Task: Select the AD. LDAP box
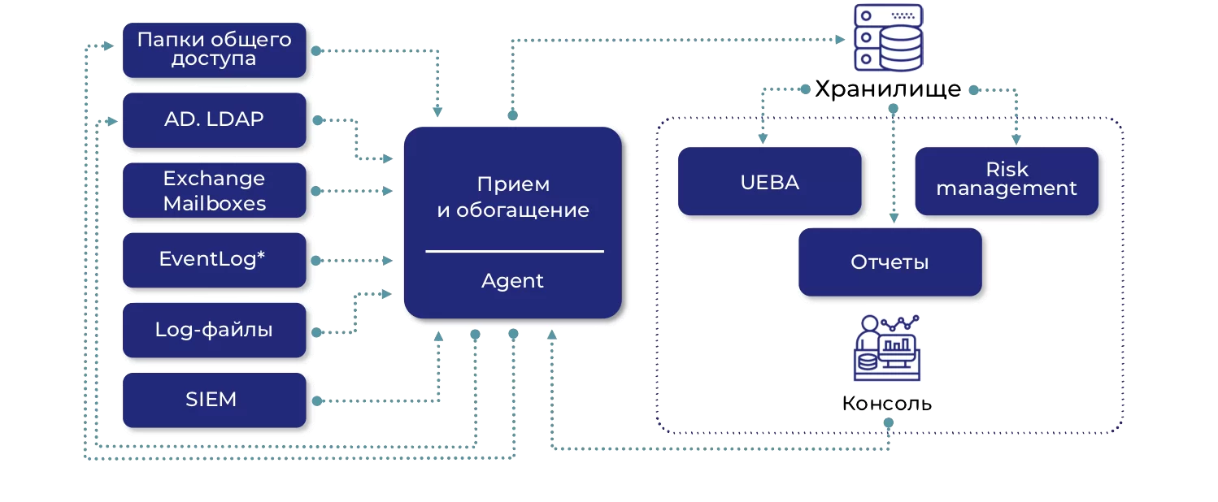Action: click(214, 119)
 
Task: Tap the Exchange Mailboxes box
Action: click(214, 191)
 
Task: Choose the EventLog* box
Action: click(214, 260)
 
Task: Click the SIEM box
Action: click(214, 400)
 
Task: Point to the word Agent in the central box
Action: click(512, 281)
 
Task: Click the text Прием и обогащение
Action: click(512, 197)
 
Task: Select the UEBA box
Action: click(769, 182)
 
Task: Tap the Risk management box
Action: click(1007, 180)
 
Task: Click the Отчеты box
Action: click(890, 262)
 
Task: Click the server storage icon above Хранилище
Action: click(888, 37)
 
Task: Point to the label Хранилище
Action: click(888, 89)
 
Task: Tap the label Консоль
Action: click(887, 404)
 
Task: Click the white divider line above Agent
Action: click(514, 252)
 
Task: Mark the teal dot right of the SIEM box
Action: click(316, 400)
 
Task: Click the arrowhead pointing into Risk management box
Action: click(1016, 140)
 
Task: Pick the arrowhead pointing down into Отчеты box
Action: click(894, 218)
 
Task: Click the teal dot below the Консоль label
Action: click(888, 423)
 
